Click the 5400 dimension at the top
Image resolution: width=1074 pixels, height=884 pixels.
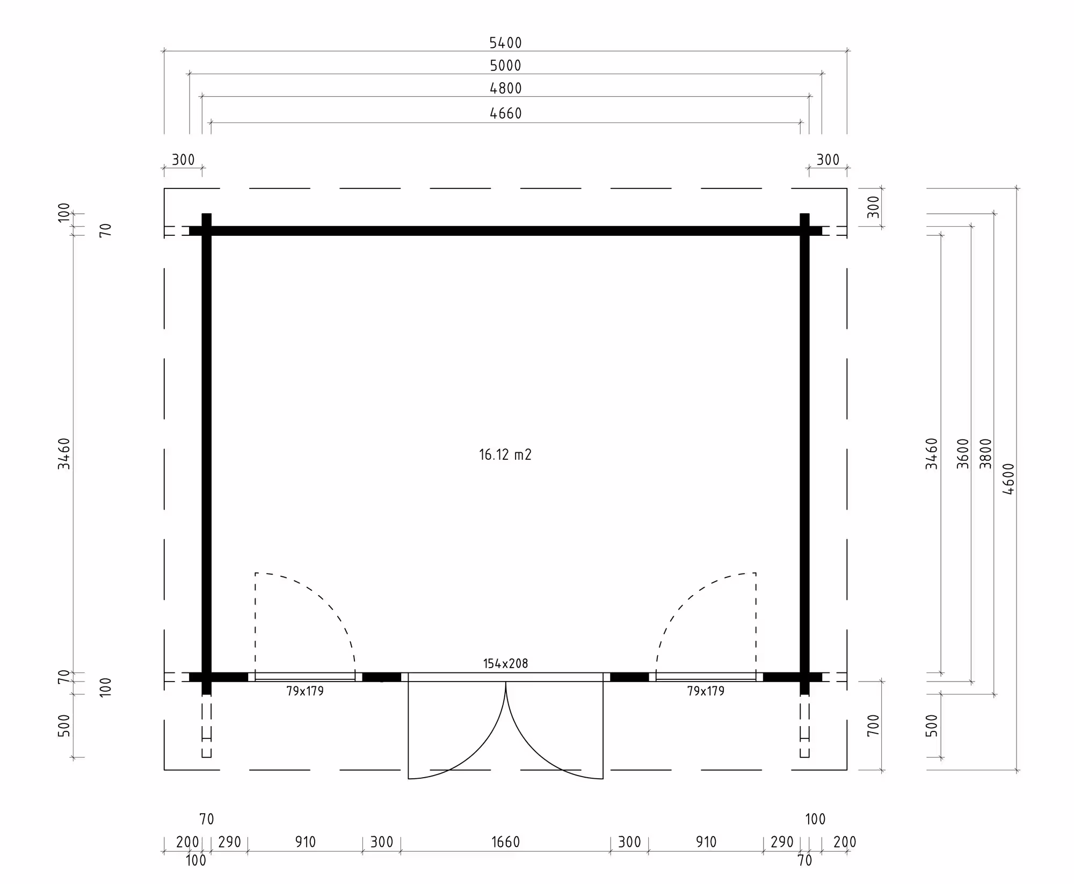pos(505,43)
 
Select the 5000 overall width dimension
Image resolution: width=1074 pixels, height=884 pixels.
pos(505,66)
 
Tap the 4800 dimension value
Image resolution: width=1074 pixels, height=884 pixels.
pos(505,89)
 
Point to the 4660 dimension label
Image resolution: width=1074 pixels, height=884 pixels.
pos(505,113)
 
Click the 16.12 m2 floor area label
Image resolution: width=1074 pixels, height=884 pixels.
pos(505,455)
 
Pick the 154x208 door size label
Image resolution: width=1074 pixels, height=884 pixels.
pos(505,663)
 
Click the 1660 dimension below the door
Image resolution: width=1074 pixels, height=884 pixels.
pos(505,842)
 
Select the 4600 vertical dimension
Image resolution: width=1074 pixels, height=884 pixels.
pos(1008,479)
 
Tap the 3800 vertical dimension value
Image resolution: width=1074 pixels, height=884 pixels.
pos(985,454)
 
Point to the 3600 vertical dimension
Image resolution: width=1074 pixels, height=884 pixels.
pos(963,454)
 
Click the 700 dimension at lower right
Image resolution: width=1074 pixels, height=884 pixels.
pos(874,725)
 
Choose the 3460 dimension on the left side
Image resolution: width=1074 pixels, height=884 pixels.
pos(64,454)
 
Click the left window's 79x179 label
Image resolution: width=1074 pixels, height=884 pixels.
pos(305,691)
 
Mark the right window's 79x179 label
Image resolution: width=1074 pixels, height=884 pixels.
pos(706,691)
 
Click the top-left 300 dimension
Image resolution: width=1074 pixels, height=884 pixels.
pos(183,160)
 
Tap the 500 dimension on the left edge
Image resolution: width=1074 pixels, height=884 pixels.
pos(64,726)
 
